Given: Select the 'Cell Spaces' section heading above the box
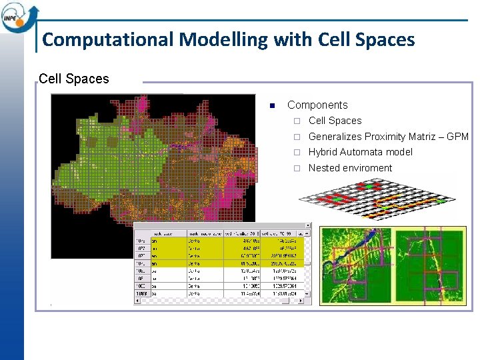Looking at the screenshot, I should pyautogui.click(x=73, y=79).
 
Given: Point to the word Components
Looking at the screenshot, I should pyautogui.click(x=317, y=105).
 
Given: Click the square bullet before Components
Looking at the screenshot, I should pyautogui.click(x=272, y=105).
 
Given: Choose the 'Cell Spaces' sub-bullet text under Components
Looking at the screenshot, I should pyautogui.click(x=335, y=121).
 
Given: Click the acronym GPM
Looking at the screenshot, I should pyautogui.click(x=457, y=137).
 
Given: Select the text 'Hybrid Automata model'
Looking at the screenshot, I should pyautogui.click(x=360, y=152).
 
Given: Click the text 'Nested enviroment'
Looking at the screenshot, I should pyautogui.click(x=350, y=168).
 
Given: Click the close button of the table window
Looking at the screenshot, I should pyautogui.click(x=307, y=226).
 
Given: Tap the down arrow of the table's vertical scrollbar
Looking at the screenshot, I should pyautogui.click(x=307, y=293).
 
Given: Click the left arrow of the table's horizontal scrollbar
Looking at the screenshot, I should pyautogui.click(x=138, y=301).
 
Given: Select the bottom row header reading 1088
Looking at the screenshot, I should pyautogui.click(x=141, y=293).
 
